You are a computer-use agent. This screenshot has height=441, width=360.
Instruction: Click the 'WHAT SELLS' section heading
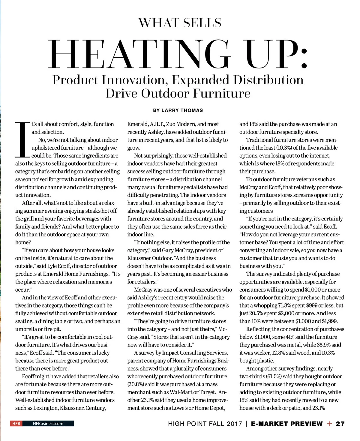pos(180,23)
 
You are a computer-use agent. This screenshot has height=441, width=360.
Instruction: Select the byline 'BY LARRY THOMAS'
pos(178,110)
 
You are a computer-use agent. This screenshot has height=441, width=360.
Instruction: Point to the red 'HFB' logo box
pos(16,424)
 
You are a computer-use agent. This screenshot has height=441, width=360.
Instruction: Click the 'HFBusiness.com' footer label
pos(48,424)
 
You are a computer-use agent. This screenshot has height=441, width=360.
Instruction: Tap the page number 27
pos(340,424)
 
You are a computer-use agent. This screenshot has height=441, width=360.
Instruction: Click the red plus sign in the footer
pos(330,424)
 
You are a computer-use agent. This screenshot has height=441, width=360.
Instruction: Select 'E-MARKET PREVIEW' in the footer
pos(287,424)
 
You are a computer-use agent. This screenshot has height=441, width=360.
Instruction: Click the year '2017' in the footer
pos(234,424)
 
